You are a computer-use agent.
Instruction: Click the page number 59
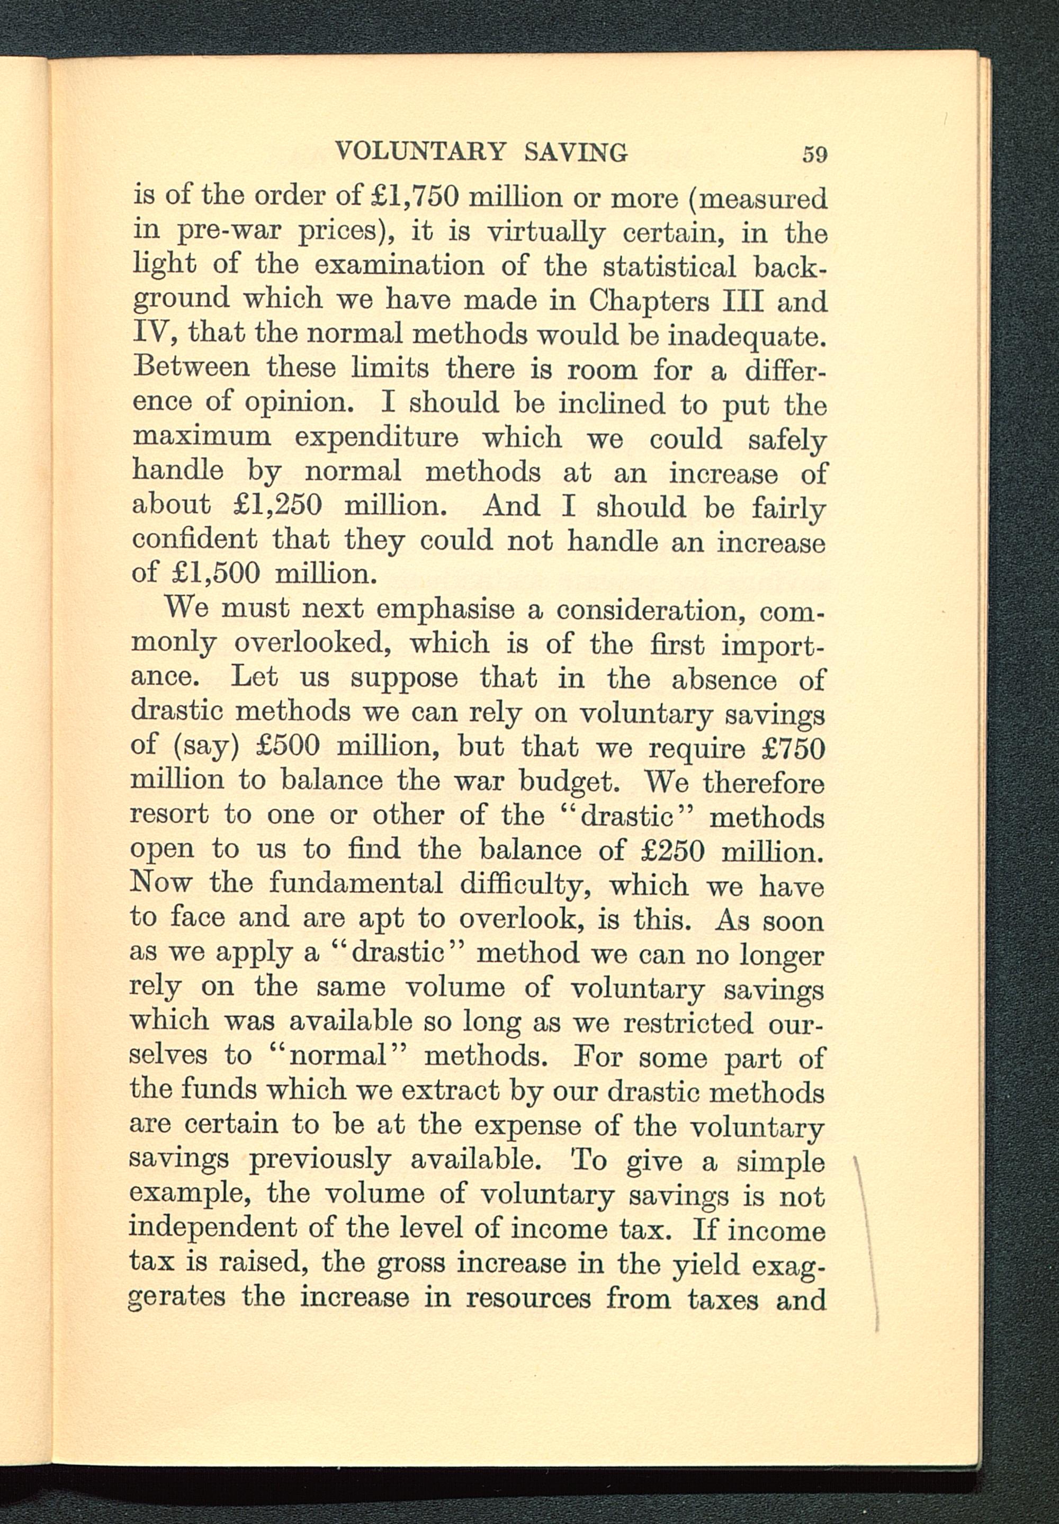click(814, 154)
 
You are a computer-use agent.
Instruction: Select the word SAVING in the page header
click(575, 152)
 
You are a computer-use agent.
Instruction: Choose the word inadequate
click(747, 336)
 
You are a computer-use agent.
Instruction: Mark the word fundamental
click(356, 884)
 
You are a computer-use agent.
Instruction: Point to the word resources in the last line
click(527, 1298)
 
